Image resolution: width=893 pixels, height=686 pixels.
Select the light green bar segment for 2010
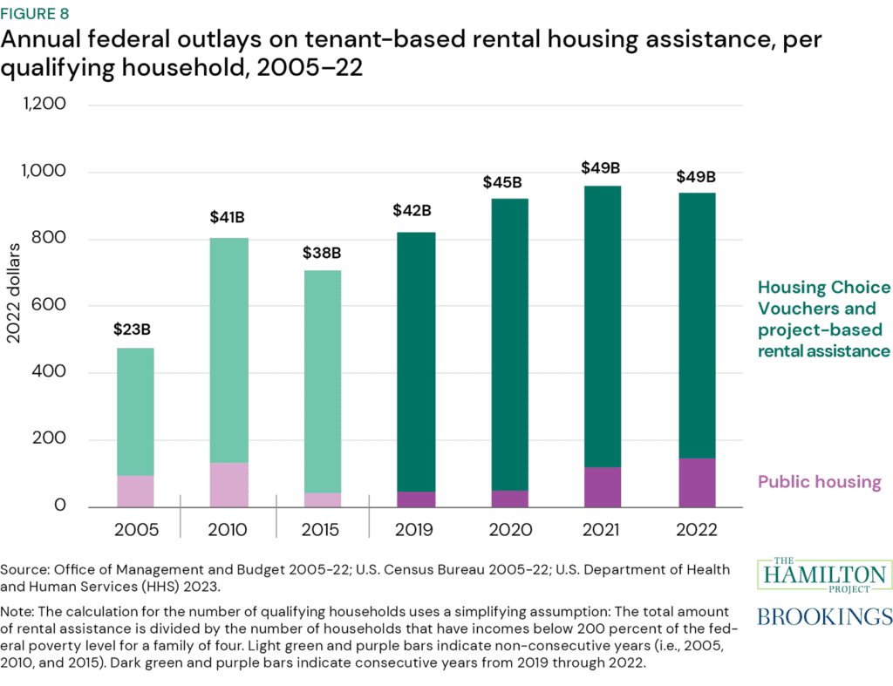pyautogui.click(x=229, y=350)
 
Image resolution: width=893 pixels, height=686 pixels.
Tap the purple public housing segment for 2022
pyautogui.click(x=696, y=482)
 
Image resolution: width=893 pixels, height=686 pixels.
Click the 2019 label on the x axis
pyautogui.click(x=416, y=530)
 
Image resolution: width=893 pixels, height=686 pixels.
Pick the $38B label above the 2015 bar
pyautogui.click(x=323, y=253)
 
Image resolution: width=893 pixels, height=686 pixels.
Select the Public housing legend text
pyautogui.click(x=819, y=482)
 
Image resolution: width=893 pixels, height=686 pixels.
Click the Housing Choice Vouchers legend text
pyautogui.click(x=823, y=319)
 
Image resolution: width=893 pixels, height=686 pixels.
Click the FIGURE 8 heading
pyautogui.click(x=43, y=14)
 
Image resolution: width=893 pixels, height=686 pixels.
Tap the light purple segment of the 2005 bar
pyautogui.click(x=135, y=491)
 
